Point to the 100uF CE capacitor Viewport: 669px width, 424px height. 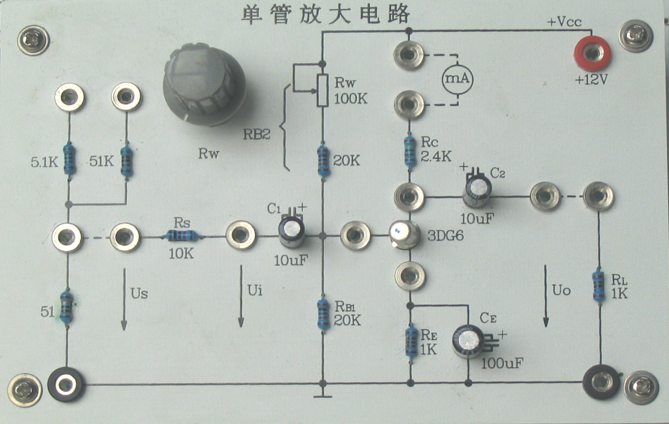(x=468, y=340)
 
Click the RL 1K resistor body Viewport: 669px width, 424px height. (x=598, y=286)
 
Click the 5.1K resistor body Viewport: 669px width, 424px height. (x=70, y=159)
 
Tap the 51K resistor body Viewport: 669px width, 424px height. (x=127, y=161)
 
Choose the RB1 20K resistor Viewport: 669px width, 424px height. (x=323, y=314)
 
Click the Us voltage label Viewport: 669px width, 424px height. (x=139, y=293)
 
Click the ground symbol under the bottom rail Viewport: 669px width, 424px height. (x=323, y=396)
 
